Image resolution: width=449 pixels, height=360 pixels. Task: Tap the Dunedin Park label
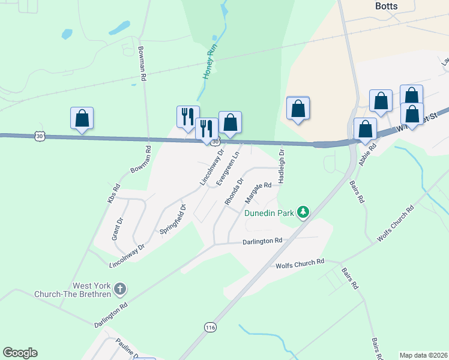tap(269, 212)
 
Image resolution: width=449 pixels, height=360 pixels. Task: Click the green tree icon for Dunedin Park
tap(304, 212)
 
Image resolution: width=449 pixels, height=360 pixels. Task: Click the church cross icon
tap(119, 290)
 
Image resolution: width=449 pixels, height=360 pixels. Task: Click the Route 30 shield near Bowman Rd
tap(40, 136)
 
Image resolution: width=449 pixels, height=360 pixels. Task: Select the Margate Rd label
tap(259, 186)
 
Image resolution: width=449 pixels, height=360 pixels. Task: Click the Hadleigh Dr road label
tap(280, 167)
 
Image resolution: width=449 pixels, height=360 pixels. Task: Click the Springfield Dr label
tap(173, 219)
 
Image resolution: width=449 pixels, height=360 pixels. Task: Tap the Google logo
tap(20, 353)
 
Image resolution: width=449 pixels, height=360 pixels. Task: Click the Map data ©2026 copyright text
tap(423, 355)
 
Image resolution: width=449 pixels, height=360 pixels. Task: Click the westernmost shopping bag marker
tap(82, 118)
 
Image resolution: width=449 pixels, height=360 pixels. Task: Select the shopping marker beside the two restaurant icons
tap(230, 122)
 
